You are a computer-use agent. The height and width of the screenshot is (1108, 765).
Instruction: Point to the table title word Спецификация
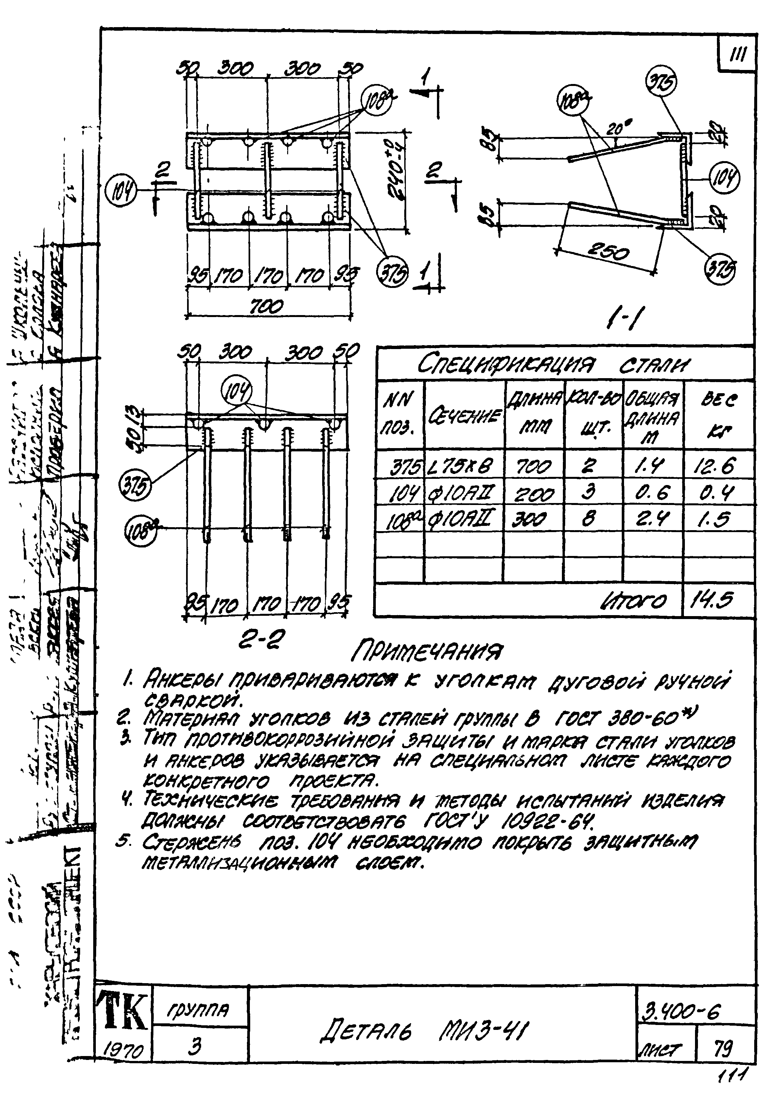click(506, 365)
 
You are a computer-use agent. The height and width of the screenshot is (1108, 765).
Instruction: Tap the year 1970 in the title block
click(124, 1051)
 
